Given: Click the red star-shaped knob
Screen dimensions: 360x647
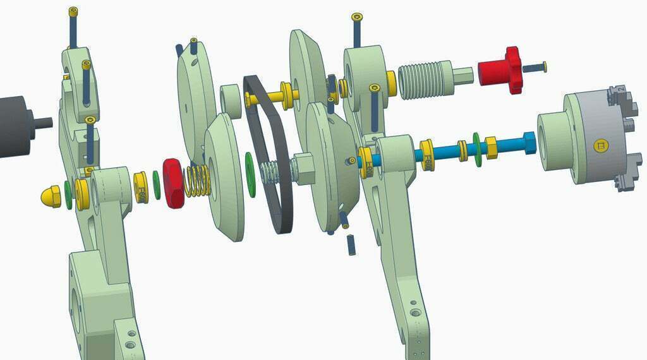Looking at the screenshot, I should (x=500, y=68).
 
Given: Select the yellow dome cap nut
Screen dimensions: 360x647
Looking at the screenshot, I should (x=51, y=196).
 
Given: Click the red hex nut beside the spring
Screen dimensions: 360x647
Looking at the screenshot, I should (x=173, y=183).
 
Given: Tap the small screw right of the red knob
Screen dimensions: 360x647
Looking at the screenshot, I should (x=536, y=66).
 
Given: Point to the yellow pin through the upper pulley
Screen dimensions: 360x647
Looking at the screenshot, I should (x=272, y=98).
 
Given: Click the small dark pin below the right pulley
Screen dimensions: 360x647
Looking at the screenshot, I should (x=351, y=244).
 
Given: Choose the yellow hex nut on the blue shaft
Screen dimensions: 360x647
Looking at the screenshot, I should (x=491, y=148).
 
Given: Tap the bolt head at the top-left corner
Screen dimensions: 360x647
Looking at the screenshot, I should (x=73, y=11).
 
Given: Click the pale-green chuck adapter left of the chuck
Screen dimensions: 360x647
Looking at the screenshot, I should (x=557, y=141).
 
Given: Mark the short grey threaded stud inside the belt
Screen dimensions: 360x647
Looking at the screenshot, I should (x=270, y=171).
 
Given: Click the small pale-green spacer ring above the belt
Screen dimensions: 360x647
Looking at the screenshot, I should (x=232, y=102).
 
